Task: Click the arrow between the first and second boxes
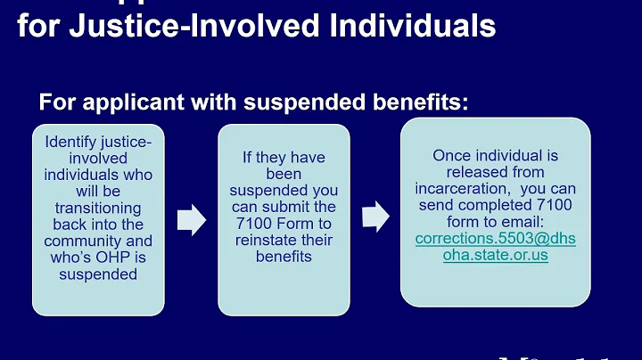(x=192, y=220)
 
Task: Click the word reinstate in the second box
(x=270, y=240)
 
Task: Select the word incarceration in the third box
(x=460, y=189)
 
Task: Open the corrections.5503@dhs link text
(x=496, y=239)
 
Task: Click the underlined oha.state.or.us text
(x=496, y=256)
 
